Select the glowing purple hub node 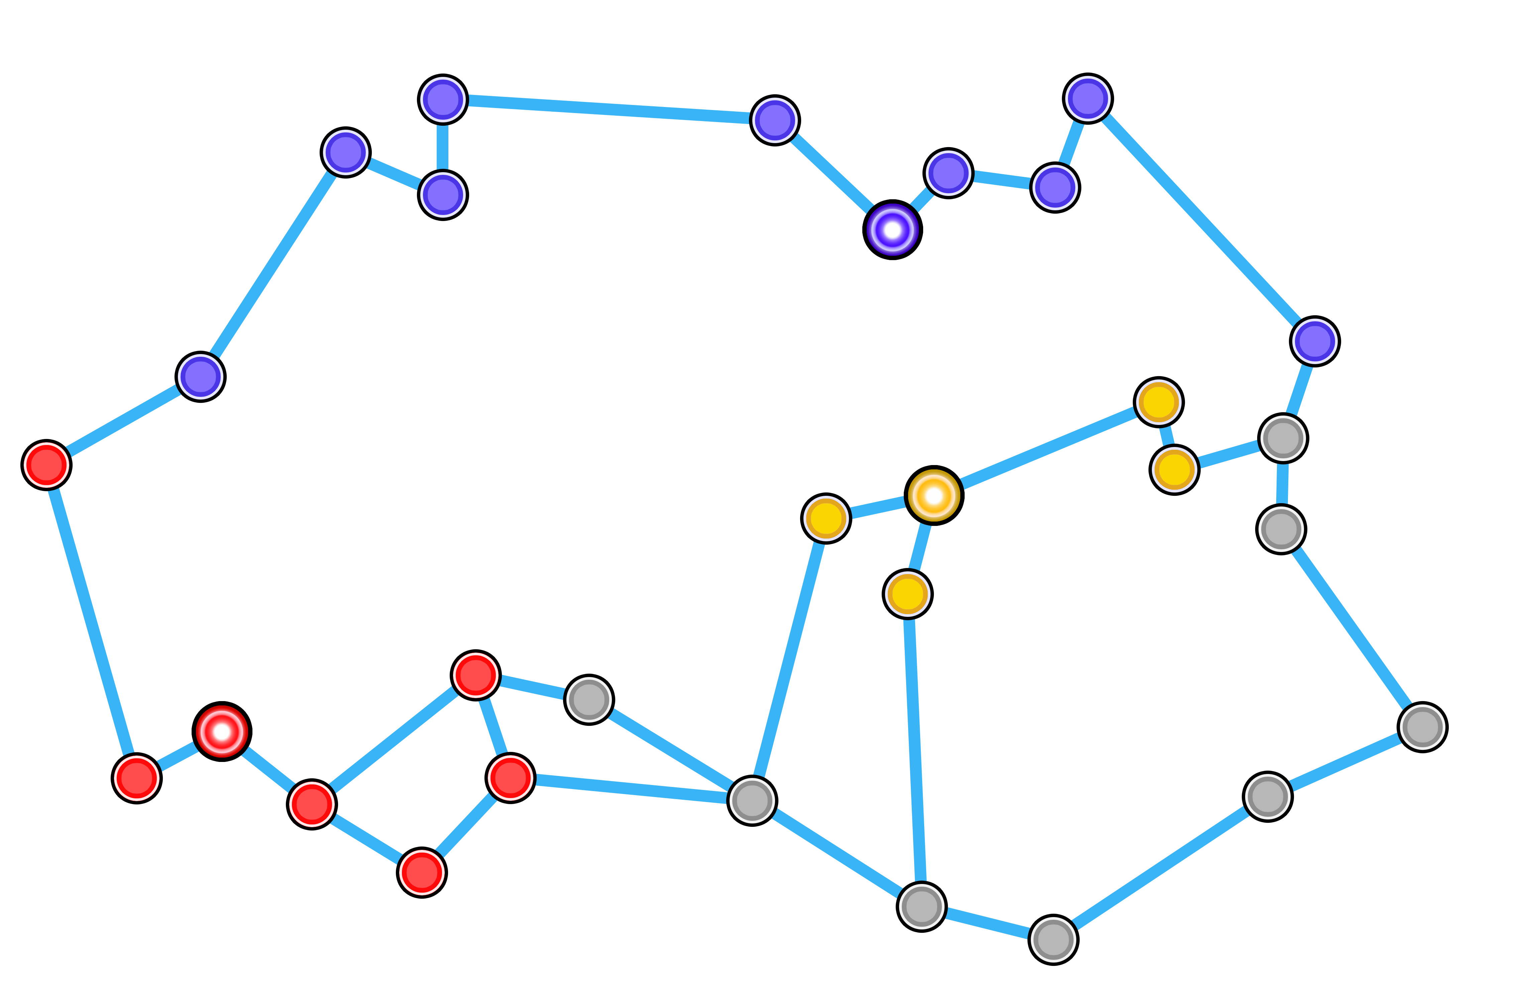tap(892, 229)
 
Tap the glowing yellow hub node tap(934, 496)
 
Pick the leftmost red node tap(46, 464)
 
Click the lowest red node tap(421, 872)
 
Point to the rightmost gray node tap(1422, 727)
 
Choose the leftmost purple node tap(200, 376)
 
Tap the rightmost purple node tap(1315, 341)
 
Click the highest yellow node tap(1158, 402)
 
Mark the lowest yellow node tap(907, 594)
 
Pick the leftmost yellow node tap(826, 518)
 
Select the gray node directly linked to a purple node tap(1283, 438)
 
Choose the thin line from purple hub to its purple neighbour tap(921, 201)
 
